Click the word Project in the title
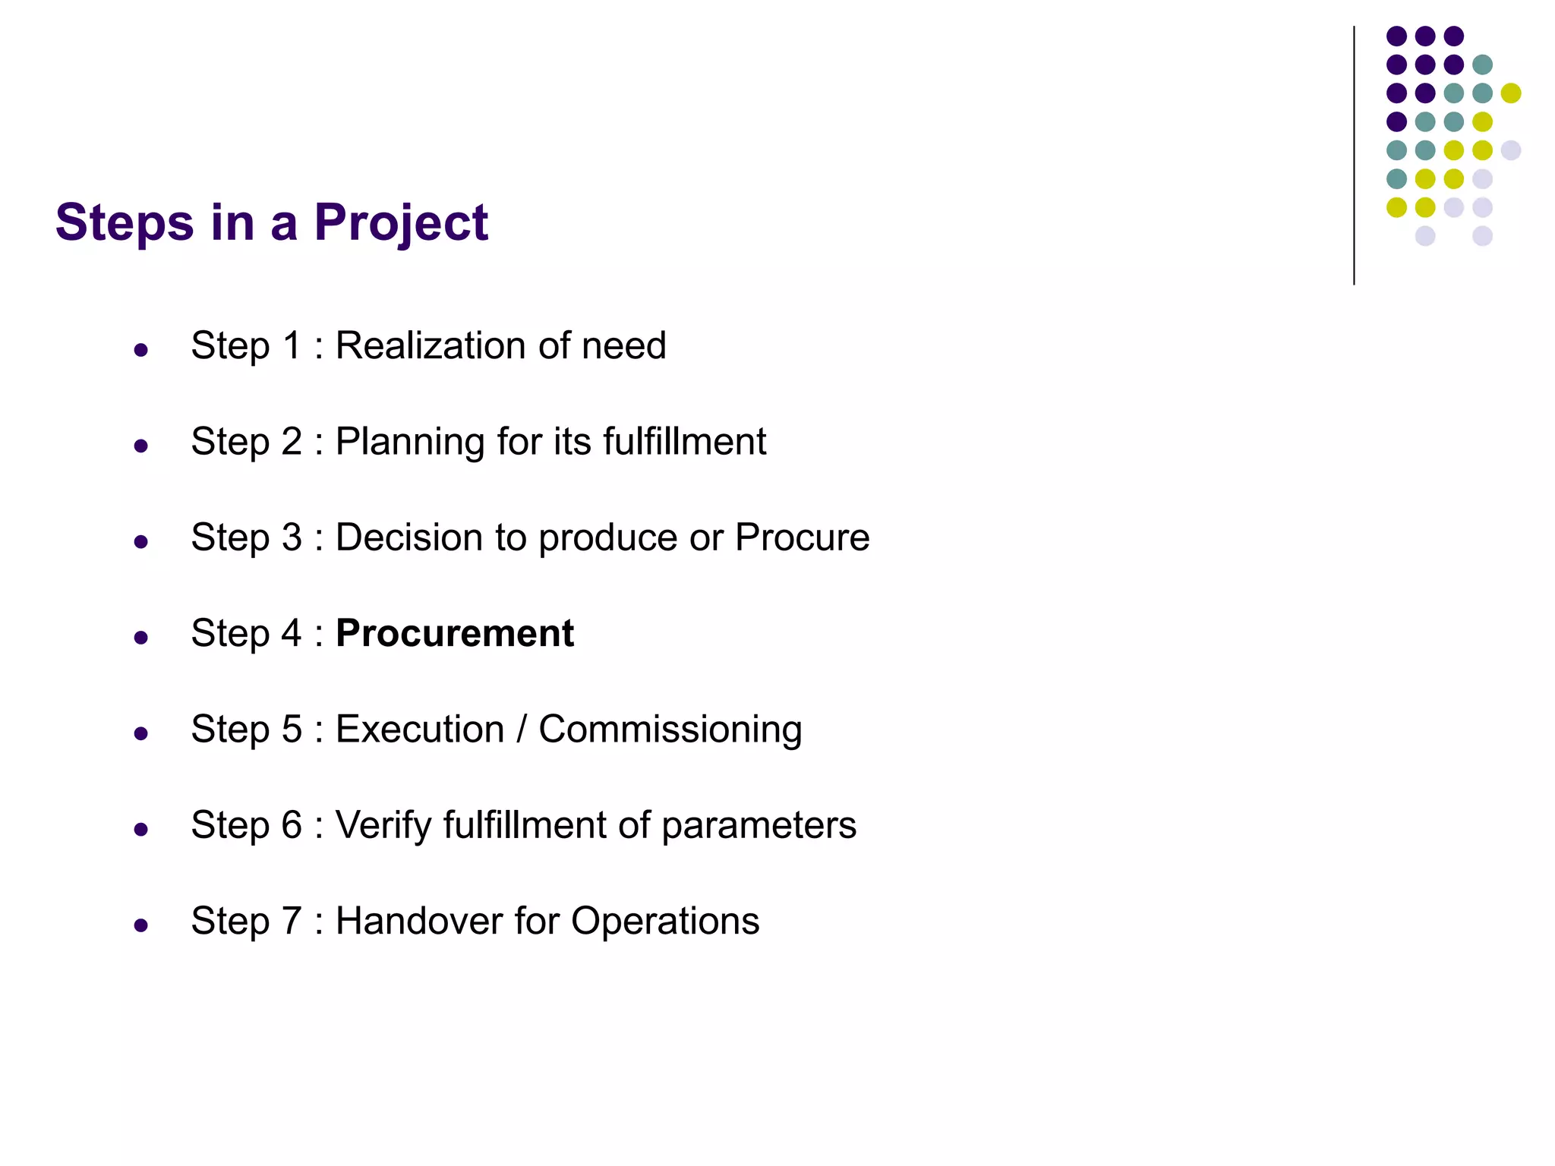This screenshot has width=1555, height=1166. click(401, 223)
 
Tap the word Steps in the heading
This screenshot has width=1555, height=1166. click(125, 223)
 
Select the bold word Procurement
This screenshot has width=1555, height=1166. click(454, 633)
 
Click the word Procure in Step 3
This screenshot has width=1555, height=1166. click(802, 537)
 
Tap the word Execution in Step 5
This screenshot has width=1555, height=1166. click(420, 729)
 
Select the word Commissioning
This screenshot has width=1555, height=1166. click(670, 730)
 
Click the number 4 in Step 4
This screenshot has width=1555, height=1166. click(292, 633)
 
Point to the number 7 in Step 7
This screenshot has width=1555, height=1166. click(292, 921)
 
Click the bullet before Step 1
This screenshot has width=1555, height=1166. click(140, 350)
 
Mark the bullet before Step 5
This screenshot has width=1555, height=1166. click(140, 733)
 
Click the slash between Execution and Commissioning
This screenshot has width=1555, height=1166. click(522, 729)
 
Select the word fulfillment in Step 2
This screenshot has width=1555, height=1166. click(684, 442)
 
